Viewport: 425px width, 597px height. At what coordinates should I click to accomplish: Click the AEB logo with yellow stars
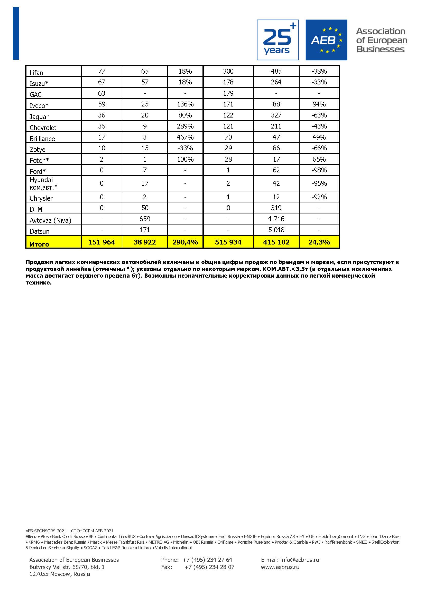point(326,40)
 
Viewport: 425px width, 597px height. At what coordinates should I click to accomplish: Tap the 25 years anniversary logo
point(278,40)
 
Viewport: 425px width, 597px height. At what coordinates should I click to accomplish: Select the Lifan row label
point(36,73)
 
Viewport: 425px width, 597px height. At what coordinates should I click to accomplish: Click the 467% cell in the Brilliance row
point(185,137)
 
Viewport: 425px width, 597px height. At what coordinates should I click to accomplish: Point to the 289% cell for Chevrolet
point(185,126)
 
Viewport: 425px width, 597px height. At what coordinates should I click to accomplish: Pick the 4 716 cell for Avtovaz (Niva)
point(276,219)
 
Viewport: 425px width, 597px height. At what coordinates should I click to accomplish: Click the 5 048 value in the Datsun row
point(276,230)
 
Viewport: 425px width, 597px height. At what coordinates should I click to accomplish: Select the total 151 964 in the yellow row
point(101,242)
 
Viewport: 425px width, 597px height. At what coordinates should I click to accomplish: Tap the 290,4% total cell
point(185,242)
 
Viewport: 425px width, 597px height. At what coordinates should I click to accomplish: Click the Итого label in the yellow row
point(39,244)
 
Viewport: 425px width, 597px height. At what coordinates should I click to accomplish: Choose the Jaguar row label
point(39,116)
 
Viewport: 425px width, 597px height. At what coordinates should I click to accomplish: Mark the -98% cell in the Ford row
point(319,170)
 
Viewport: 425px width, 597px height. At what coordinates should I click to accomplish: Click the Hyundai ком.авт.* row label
point(43,183)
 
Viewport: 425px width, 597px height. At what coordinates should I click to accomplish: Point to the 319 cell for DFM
point(276,208)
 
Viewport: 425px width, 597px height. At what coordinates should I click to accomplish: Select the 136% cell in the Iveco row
point(185,104)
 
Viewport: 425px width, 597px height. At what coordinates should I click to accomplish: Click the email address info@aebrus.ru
point(299,560)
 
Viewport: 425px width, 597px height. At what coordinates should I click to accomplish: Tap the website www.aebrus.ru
point(280,567)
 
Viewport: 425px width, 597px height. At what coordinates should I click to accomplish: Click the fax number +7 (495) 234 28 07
point(209,567)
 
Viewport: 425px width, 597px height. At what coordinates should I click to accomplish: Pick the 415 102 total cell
point(276,242)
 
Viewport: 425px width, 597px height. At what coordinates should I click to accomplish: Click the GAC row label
point(36,94)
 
